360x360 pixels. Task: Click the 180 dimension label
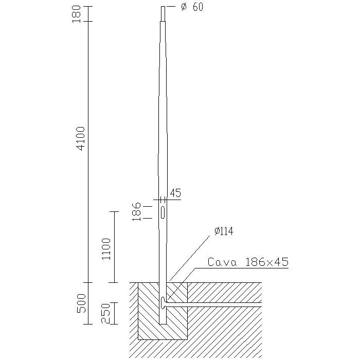point(77,14)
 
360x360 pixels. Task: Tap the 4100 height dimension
point(81,138)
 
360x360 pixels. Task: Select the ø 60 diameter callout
point(192,7)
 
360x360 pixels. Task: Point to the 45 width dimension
point(176,193)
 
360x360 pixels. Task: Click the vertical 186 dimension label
point(136,211)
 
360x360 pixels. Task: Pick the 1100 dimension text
point(106,249)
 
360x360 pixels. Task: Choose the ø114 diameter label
point(224,231)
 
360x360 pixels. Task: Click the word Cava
point(222,262)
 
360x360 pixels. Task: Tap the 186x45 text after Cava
point(267,262)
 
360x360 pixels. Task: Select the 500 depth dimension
point(81,303)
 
